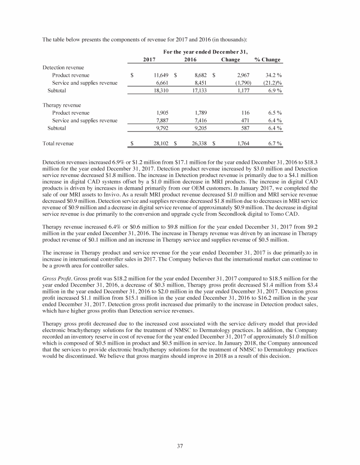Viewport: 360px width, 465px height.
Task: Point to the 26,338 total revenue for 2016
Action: click(197, 143)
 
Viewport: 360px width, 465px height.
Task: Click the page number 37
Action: click(180, 445)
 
